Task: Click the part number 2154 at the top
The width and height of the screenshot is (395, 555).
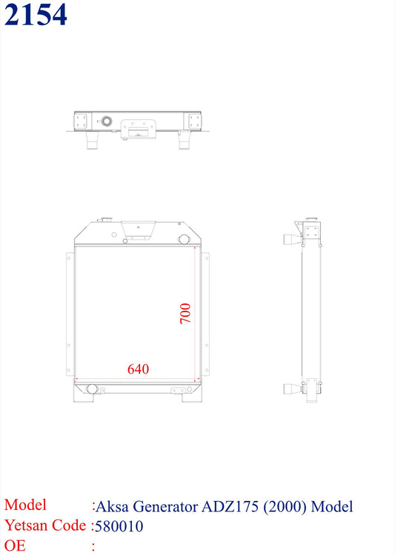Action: [35, 15]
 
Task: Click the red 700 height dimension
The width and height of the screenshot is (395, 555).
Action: [185, 312]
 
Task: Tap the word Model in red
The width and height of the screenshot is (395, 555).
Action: [25, 505]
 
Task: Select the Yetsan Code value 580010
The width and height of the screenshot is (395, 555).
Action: [119, 527]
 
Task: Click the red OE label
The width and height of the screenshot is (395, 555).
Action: [15, 547]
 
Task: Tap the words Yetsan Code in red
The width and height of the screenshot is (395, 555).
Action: [44, 526]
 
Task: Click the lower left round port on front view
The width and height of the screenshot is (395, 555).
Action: [92, 388]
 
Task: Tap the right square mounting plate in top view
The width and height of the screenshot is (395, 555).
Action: [195, 121]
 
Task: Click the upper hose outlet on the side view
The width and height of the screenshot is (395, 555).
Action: [292, 238]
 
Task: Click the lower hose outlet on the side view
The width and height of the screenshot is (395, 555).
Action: [292, 388]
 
